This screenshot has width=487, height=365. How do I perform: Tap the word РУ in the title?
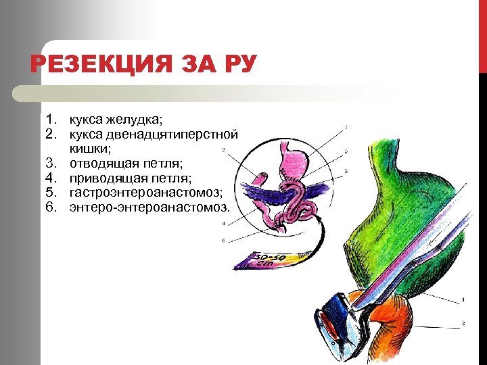(x=237, y=66)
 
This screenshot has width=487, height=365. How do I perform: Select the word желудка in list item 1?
(x=136, y=120)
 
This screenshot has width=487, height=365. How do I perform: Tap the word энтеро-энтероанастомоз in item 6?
(x=149, y=208)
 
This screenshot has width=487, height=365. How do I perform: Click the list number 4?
(x=51, y=178)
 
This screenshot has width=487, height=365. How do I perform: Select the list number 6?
(x=51, y=208)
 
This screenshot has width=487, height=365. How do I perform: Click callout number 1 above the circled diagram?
(x=347, y=126)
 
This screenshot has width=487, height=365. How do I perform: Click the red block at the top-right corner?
(x=482, y=34)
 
